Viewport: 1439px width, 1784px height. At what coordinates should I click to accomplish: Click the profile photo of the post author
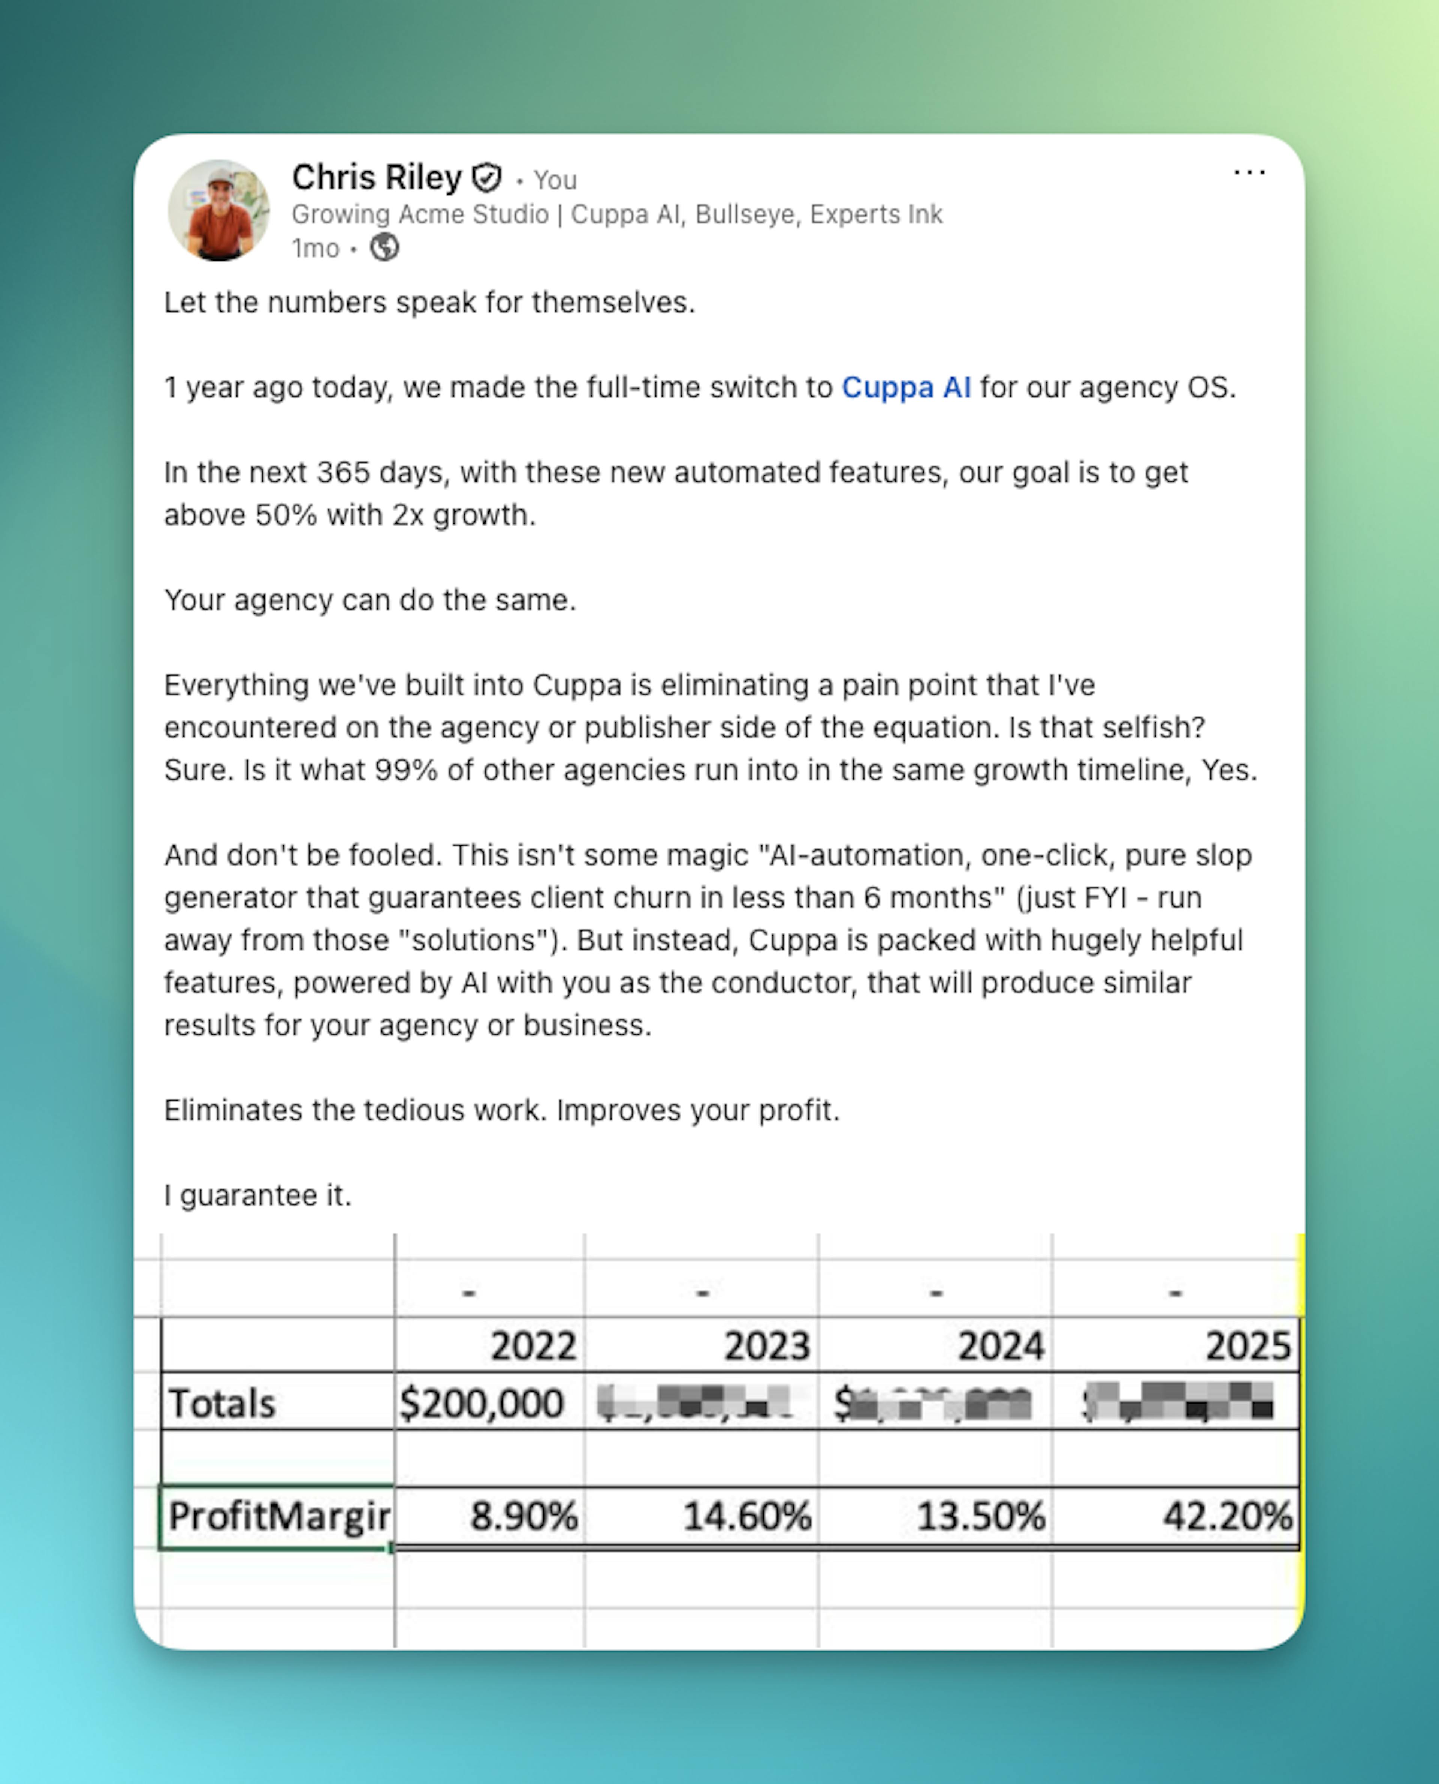[x=219, y=211]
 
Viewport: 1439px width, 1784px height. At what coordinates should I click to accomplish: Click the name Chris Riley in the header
[x=376, y=177]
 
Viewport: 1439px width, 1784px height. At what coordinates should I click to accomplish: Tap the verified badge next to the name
[x=486, y=177]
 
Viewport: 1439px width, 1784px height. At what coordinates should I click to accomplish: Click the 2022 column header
[x=533, y=1345]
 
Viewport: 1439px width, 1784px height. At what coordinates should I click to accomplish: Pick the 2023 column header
[x=767, y=1345]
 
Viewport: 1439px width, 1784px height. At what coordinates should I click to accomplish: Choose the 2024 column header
[x=1001, y=1345]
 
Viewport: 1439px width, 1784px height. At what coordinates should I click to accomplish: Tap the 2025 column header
[x=1248, y=1345]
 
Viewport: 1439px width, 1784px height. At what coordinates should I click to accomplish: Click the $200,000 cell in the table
[x=482, y=1403]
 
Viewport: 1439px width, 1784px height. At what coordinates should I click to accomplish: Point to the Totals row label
[x=222, y=1403]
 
